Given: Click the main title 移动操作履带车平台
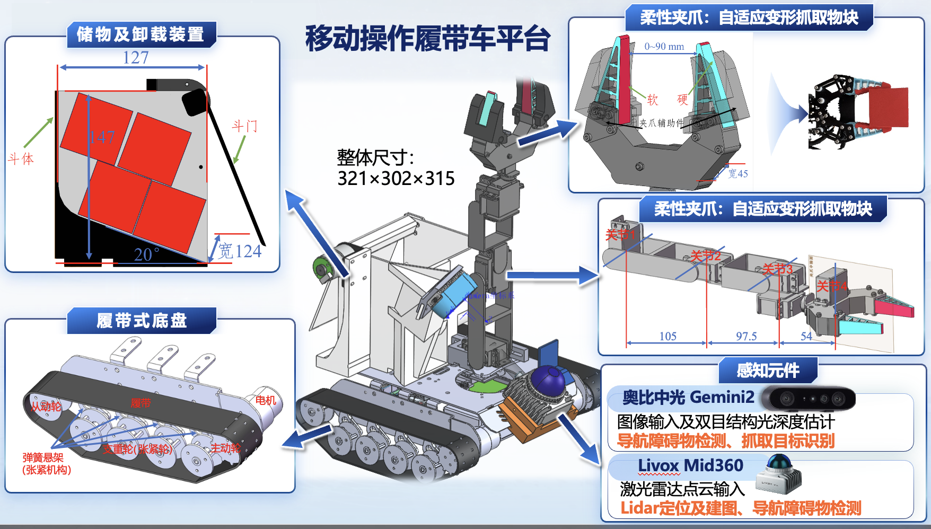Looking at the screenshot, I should pos(427,38).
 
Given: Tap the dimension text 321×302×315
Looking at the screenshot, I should pos(396,179).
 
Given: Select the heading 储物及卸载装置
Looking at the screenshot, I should pos(140,34).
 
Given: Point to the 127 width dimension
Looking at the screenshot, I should pos(136,57).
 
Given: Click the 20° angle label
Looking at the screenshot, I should pos(146,255).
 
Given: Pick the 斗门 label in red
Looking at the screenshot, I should pos(244,126).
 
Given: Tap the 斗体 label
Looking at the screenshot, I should pos(21,158).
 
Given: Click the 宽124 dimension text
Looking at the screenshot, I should pos(240,251).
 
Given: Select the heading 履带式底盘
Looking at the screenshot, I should pos(142,321).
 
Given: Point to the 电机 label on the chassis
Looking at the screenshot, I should pos(266,400).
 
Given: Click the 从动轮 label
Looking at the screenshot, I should pos(46,407).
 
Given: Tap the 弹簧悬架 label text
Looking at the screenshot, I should pos(43,457).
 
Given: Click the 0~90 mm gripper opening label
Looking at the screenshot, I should pos(664,47).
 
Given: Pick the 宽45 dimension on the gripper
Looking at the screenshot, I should pos(737,174).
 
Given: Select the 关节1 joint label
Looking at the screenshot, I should pos(620,234).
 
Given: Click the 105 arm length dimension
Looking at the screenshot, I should pos(667,336).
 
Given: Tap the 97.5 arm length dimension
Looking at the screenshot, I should pos(746,336).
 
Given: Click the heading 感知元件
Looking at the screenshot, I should pos(768,370).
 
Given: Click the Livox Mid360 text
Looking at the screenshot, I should pos(690,465).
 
